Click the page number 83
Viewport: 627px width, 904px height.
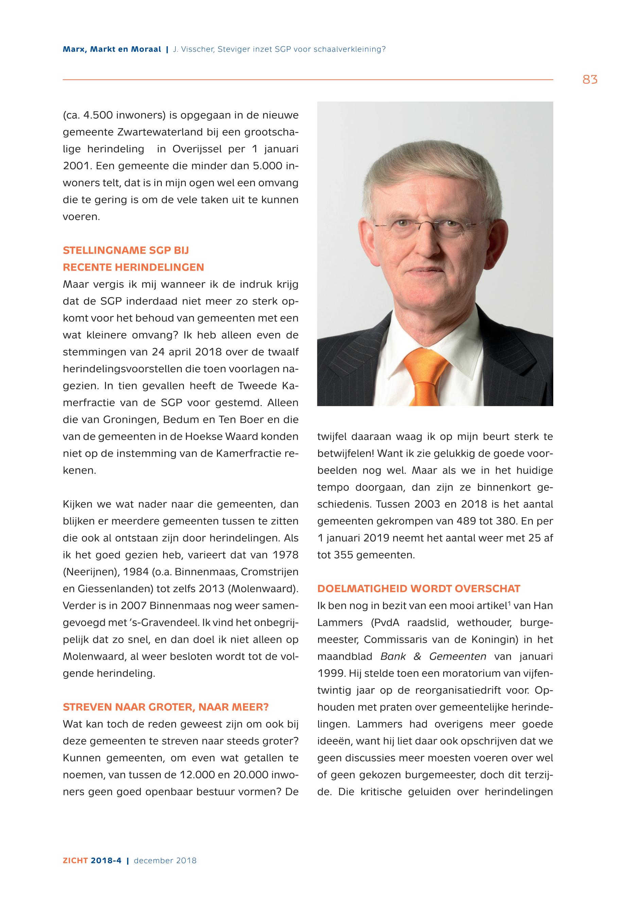click(590, 80)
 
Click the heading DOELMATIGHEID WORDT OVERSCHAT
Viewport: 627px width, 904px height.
click(419, 589)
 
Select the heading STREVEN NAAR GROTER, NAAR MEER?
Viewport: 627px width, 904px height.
click(166, 707)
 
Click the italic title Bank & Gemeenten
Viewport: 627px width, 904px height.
click(433, 657)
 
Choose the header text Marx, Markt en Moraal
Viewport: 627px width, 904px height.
click(112, 50)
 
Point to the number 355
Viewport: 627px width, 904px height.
click(342, 555)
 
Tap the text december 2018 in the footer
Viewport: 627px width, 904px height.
click(165, 871)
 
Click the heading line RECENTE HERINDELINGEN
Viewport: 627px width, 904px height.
click(134, 267)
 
